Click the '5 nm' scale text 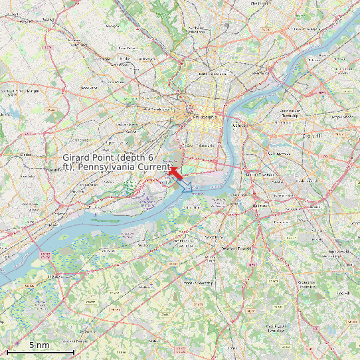point(39,345)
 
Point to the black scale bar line point(40,351)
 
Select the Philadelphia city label point(205,117)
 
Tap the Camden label point(240,125)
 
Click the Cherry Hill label point(311,135)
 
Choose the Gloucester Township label point(306,284)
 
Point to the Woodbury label point(213,236)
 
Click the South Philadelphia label point(200,145)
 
